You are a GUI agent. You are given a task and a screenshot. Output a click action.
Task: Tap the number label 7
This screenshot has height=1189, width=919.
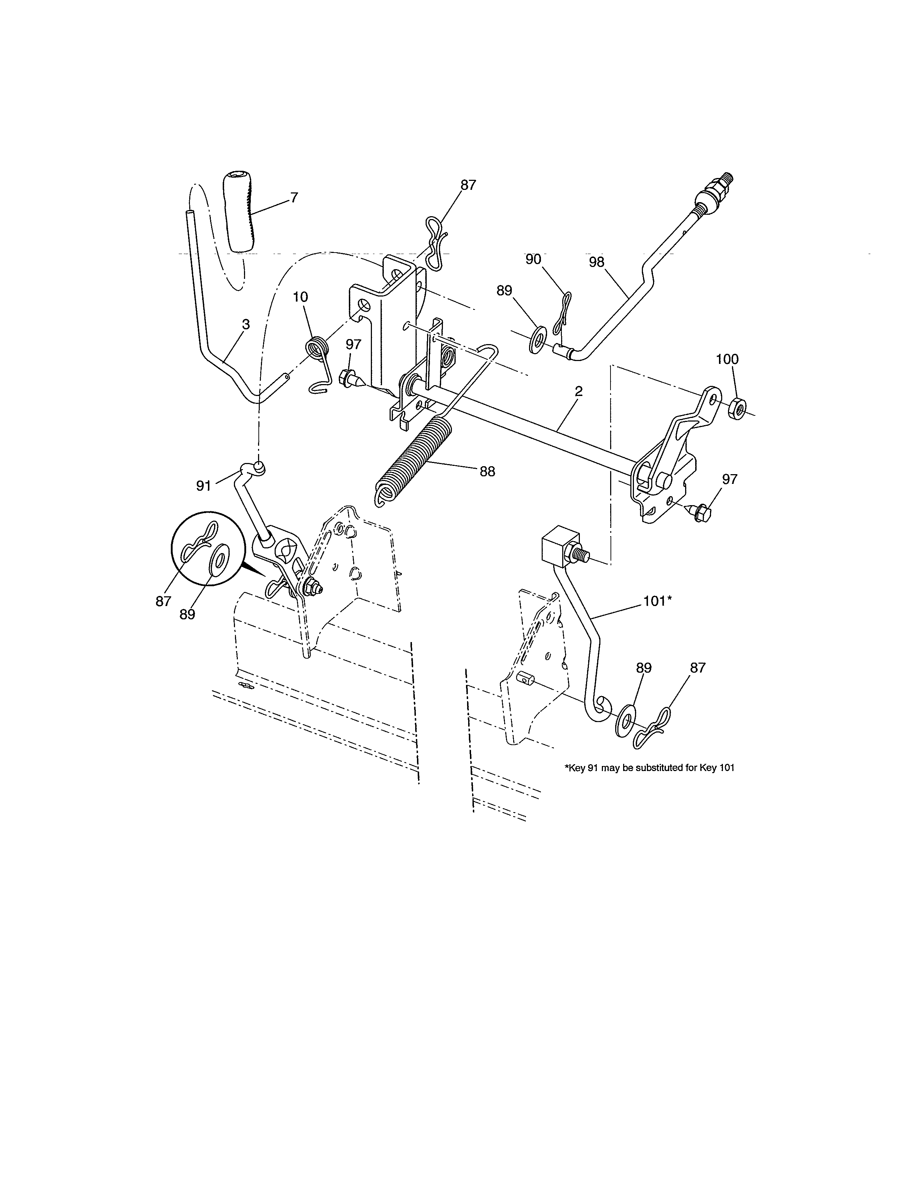pos(294,197)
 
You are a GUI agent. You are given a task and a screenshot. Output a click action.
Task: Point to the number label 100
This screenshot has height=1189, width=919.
pos(727,359)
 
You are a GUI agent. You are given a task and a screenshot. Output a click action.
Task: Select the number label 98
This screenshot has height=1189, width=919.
pos(597,262)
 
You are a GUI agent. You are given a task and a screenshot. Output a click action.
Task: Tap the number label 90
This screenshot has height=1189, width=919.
pos(533,259)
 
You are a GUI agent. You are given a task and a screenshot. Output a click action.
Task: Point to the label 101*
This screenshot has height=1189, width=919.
pos(657,601)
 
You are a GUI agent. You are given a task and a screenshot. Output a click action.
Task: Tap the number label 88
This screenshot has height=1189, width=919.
pos(487,472)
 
